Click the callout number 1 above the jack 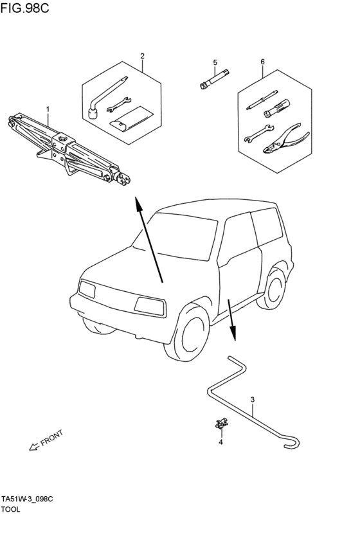click(48, 109)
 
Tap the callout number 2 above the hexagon click(142, 56)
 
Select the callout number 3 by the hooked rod click(253, 400)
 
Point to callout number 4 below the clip click(221, 442)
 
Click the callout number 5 click(215, 62)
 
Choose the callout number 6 click(262, 62)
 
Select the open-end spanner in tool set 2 click(118, 104)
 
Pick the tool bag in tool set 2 click(132, 119)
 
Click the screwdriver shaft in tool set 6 click(262, 100)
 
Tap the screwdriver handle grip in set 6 click(277, 108)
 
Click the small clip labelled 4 click(221, 423)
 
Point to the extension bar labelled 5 click(215, 79)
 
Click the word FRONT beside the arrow click(51, 438)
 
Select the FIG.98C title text click(24, 8)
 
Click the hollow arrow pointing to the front click(34, 447)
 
